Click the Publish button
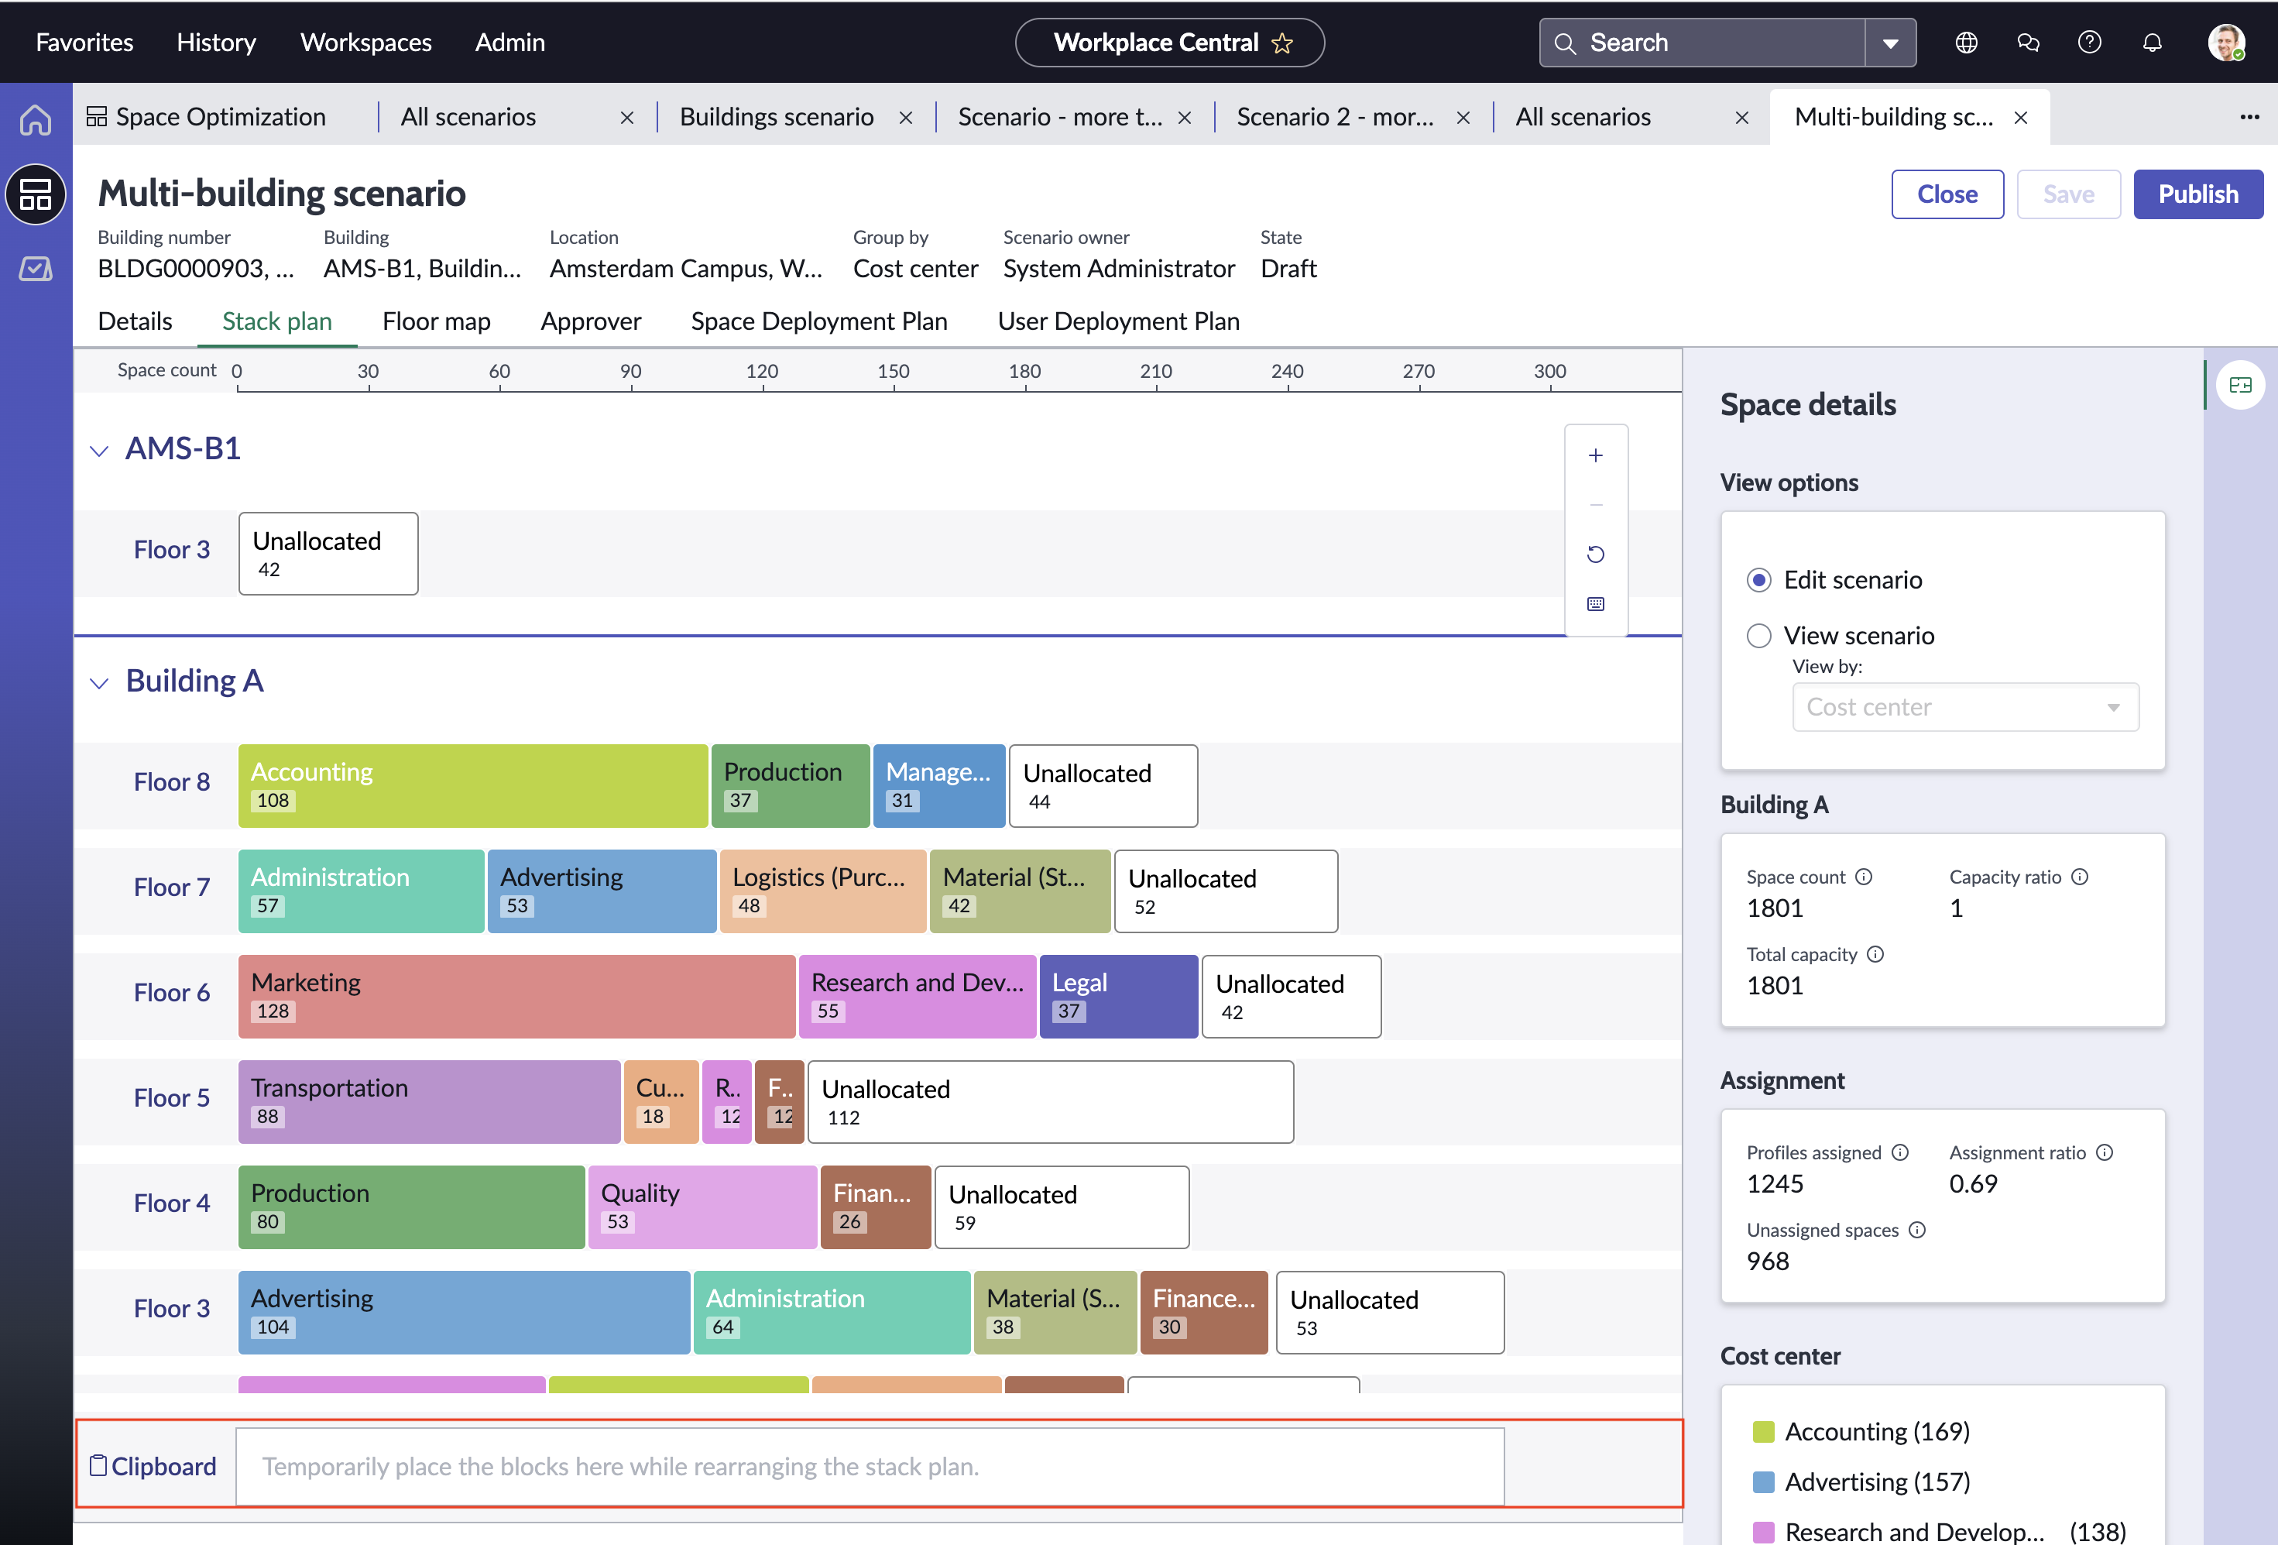[2197, 194]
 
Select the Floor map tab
[436, 321]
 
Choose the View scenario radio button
[1758, 637]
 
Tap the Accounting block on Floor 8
[472, 785]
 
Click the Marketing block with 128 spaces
[516, 996]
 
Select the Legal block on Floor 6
[1118, 996]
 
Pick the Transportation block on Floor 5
[428, 1102]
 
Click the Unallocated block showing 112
[1050, 1102]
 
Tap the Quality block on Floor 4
[702, 1207]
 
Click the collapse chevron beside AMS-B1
[99, 451]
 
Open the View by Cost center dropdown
[1965, 707]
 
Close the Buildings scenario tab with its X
[906, 118]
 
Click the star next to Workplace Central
[1282, 43]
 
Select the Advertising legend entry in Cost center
[1861, 1481]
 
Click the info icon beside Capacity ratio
[2080, 877]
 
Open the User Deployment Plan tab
[1118, 321]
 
